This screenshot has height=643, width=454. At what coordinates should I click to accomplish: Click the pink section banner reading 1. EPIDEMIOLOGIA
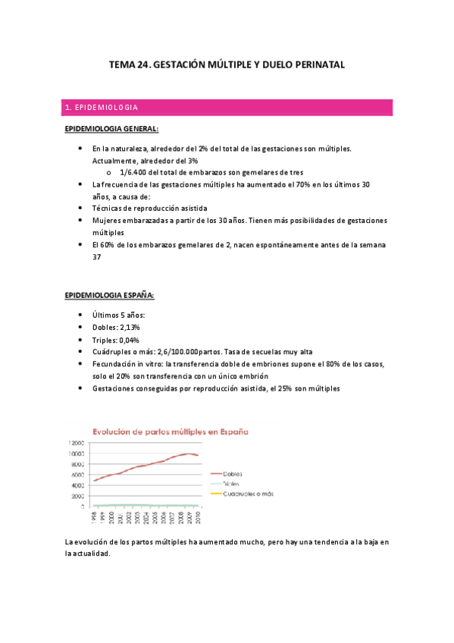coord(227,108)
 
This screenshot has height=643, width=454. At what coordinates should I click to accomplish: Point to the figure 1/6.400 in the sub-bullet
coord(136,172)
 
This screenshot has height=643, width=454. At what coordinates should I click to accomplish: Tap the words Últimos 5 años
coord(114,315)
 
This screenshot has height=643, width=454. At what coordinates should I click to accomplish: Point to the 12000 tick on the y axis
coord(76,443)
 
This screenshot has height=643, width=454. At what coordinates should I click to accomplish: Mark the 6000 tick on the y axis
coord(78,475)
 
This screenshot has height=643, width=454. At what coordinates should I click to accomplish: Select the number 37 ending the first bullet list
coord(96,256)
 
